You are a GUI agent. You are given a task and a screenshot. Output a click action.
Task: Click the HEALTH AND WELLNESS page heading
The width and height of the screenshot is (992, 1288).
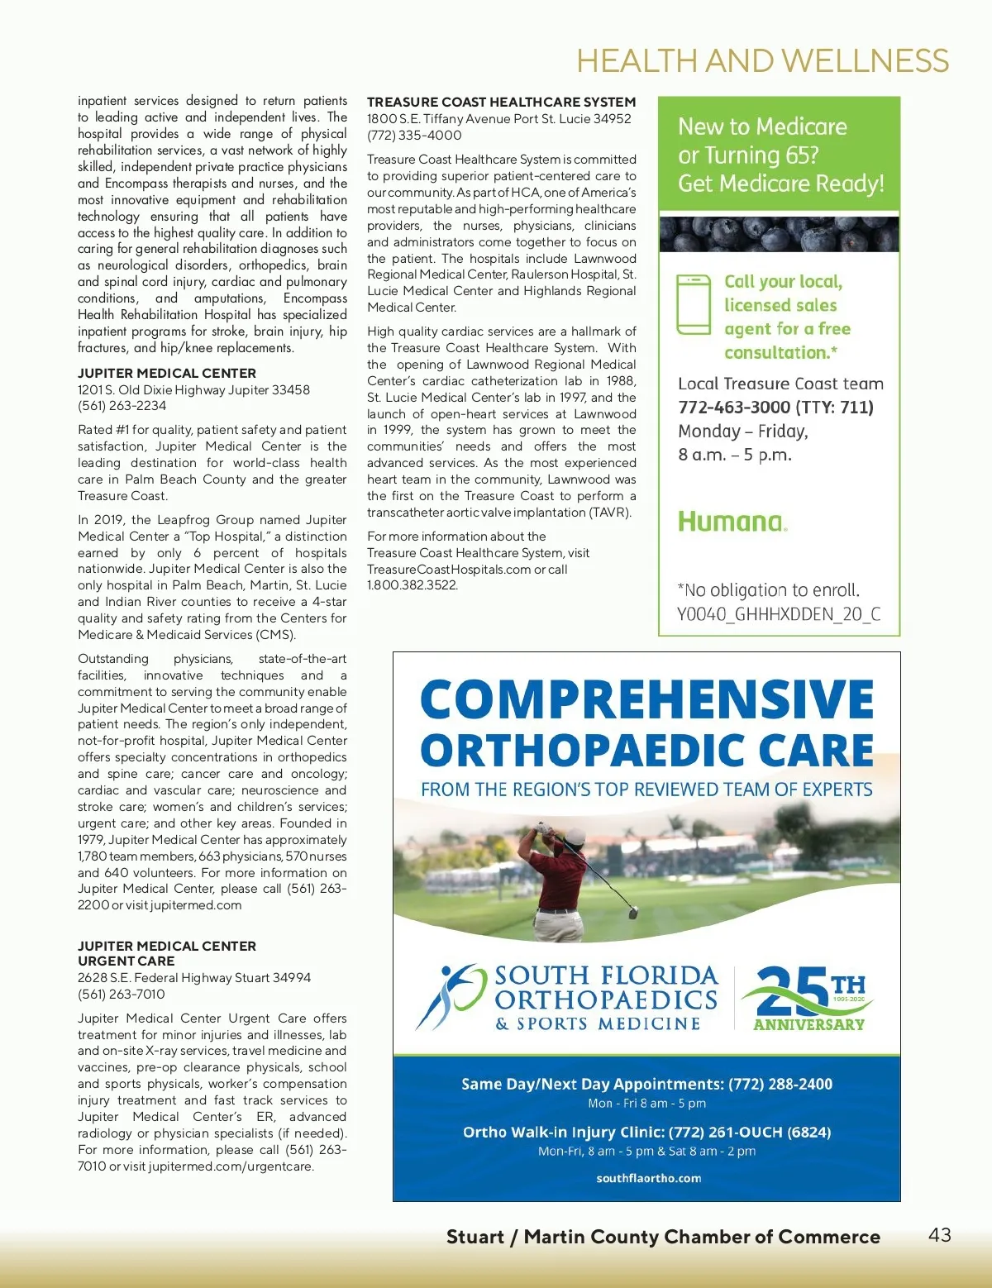pos(762,61)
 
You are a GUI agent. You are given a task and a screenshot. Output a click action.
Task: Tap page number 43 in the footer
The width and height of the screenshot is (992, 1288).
pos(940,1234)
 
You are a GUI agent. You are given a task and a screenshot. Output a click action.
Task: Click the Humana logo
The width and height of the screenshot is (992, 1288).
pos(732,522)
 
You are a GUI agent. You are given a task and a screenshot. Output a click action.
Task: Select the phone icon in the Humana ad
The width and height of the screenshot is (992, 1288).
pos(694,304)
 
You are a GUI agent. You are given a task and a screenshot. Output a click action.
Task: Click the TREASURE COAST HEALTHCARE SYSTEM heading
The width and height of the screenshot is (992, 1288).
pos(501,102)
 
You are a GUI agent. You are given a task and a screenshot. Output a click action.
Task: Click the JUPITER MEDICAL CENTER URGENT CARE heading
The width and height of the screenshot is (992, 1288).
pos(166,953)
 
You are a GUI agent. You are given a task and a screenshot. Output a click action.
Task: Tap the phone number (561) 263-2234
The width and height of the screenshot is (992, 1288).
pos(122,406)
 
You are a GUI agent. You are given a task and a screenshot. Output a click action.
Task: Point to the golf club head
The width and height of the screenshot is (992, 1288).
pos(633,913)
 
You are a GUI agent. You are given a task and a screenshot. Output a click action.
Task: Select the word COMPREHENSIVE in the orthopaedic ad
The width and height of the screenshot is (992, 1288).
pos(646,699)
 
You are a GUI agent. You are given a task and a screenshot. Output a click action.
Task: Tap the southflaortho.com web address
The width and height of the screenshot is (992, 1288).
pos(648,1178)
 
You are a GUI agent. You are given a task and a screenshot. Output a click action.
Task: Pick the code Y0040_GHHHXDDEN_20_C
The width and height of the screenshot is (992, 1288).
pos(779,614)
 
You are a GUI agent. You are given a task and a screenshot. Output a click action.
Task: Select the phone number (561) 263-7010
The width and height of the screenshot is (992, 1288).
pos(122,995)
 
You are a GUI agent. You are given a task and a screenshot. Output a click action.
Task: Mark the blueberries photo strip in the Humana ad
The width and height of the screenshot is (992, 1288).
pos(779,234)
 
